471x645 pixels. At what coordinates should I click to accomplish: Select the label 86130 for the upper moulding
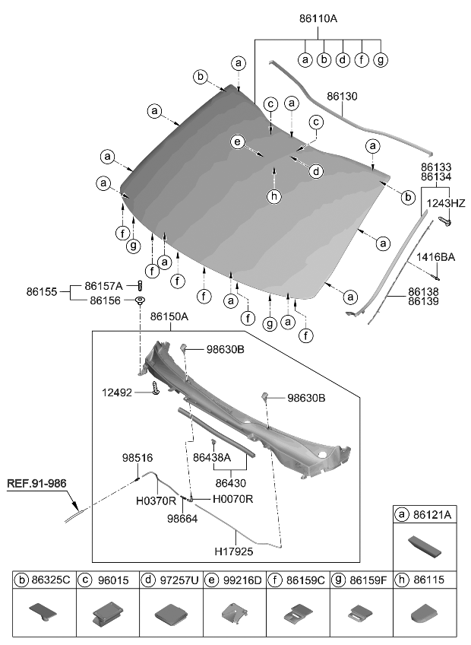(342, 97)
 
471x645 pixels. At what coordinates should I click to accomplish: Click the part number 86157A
(106, 286)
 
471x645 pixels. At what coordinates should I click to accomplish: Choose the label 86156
(106, 300)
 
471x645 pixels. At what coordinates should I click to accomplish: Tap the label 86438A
(212, 459)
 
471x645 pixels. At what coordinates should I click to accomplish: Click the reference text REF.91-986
(38, 482)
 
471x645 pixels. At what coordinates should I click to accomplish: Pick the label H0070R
(232, 499)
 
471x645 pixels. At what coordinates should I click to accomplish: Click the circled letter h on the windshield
(274, 196)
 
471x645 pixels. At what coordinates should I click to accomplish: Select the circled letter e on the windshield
(237, 142)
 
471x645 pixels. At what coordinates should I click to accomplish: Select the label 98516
(138, 459)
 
